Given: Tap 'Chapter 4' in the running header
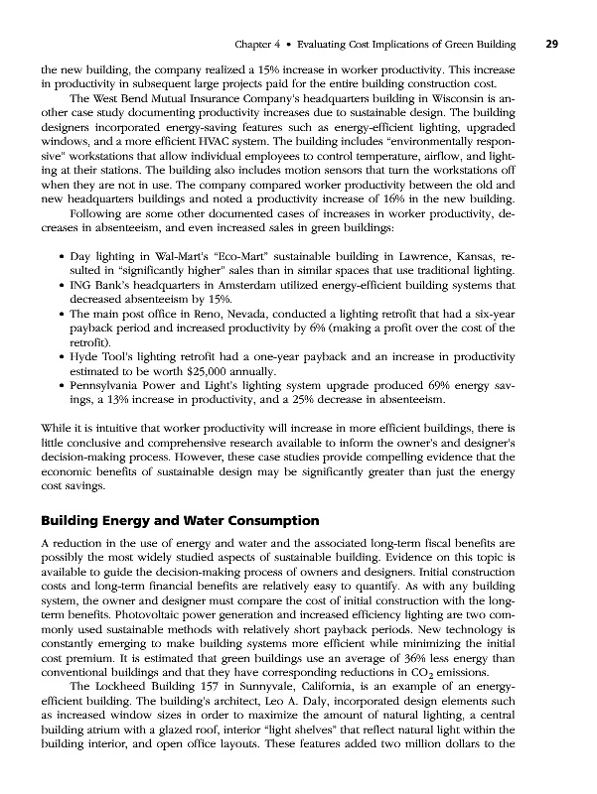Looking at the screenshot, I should click(255, 45).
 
